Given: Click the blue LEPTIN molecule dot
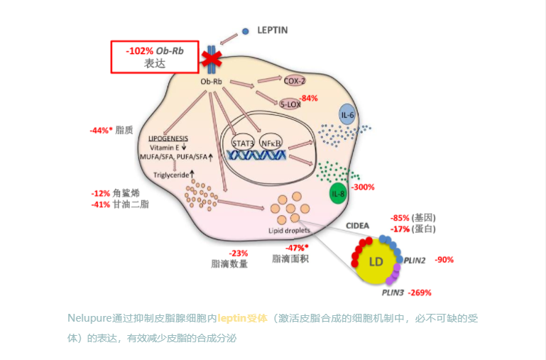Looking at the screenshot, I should coord(245,31).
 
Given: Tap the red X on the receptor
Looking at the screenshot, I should coord(210,58).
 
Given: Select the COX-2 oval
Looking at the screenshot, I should coord(294,81).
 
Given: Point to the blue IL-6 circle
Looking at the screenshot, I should coord(347,115).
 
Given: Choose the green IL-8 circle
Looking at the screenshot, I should coord(338,193).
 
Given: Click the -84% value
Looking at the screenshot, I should coord(308,98).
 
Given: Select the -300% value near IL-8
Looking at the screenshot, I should coord(363,187).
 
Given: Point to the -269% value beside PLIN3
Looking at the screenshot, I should coord(419,292).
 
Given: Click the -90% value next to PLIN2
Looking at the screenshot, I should coord(444,259).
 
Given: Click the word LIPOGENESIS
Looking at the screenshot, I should coord(168,138).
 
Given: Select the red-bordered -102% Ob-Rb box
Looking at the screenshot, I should coord(154,56).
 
